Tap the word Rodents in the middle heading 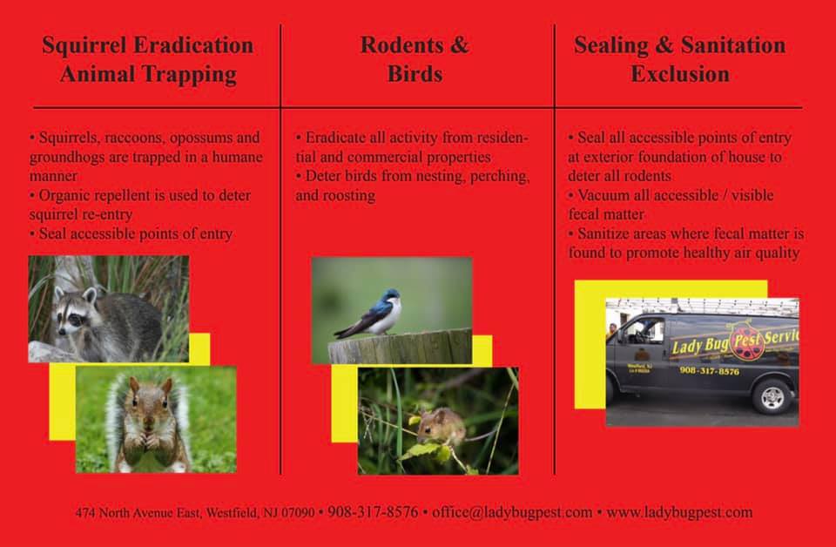coord(402,45)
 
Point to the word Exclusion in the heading coord(680,74)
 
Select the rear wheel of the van coord(772,396)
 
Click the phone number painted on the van coord(709,370)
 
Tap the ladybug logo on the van coord(747,341)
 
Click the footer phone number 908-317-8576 coord(373,512)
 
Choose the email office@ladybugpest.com coord(512,512)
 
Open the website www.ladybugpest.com coord(679,512)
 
